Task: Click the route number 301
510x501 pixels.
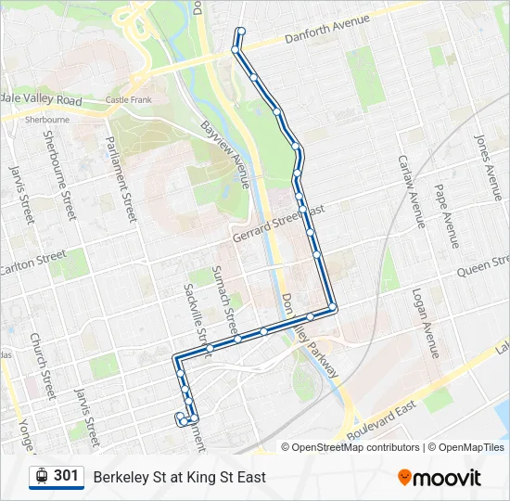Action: (x=66, y=476)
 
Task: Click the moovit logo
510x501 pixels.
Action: (x=440, y=478)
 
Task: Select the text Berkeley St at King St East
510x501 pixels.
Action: (x=179, y=477)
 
